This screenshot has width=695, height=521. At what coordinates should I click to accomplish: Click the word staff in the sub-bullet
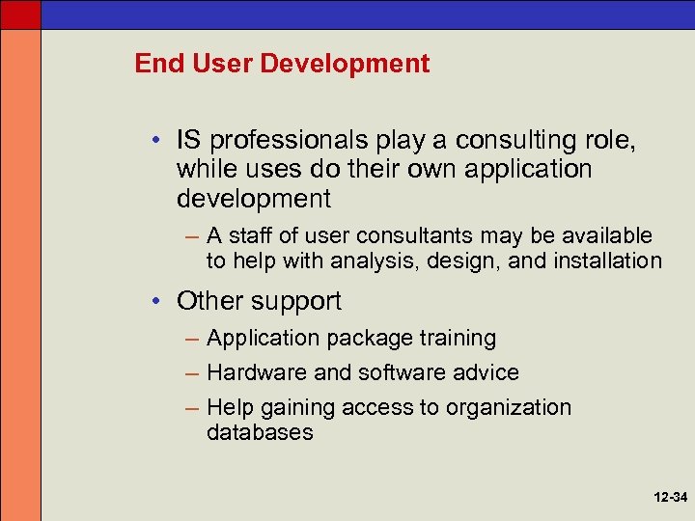coord(255,235)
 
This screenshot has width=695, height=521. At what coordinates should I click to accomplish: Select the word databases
coord(260,432)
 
